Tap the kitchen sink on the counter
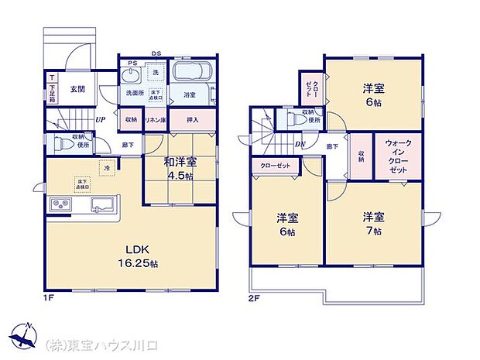[101, 205]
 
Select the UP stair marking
[101, 119]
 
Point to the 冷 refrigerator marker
[105, 167]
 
